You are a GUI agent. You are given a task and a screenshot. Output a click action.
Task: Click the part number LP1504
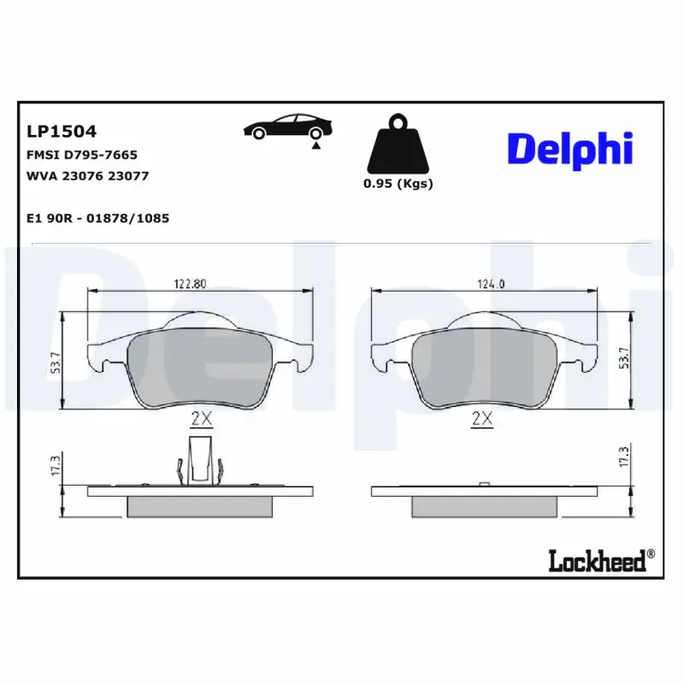tap(62, 132)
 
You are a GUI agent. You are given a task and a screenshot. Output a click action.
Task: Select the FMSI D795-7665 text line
tap(82, 155)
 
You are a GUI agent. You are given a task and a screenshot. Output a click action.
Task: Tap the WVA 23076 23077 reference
tap(88, 175)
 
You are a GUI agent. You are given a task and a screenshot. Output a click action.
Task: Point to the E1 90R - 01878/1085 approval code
tap(98, 218)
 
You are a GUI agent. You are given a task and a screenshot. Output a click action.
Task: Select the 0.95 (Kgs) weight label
tap(398, 184)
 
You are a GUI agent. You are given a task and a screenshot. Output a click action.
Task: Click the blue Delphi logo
tap(570, 149)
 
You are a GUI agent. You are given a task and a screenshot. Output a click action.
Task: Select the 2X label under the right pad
tap(483, 419)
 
